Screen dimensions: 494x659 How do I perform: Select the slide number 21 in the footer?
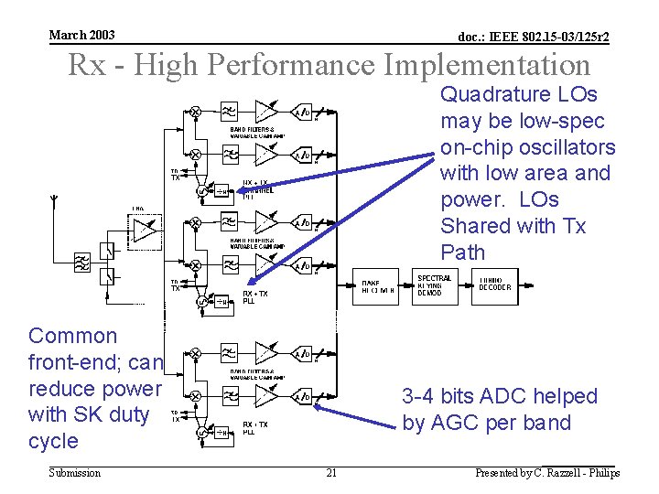(x=331, y=473)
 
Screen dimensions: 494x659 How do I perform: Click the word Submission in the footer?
(x=74, y=473)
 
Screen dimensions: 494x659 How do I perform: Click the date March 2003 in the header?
(x=81, y=35)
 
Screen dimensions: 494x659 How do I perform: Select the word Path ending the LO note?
(x=462, y=252)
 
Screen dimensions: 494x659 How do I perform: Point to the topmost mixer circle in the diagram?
(x=195, y=111)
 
